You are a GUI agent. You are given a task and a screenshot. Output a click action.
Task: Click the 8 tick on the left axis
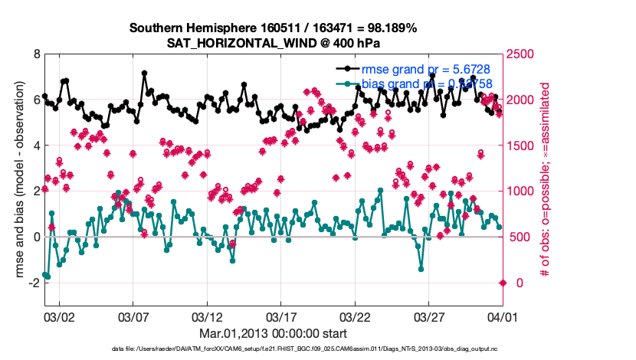pyautogui.click(x=36, y=54)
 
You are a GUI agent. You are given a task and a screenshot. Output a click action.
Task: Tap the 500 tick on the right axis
pyautogui.click(x=520, y=237)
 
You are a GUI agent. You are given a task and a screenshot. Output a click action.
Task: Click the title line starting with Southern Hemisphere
pyautogui.click(x=273, y=28)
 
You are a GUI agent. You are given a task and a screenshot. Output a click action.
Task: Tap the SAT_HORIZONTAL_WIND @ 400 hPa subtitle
pyautogui.click(x=273, y=43)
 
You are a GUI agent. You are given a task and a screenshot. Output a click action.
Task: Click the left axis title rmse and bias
pyautogui.click(x=15, y=181)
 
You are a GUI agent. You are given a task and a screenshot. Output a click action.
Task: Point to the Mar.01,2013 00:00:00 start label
pyautogui.click(x=273, y=333)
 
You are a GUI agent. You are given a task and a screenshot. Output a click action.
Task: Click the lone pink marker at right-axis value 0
pyautogui.click(x=503, y=283)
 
